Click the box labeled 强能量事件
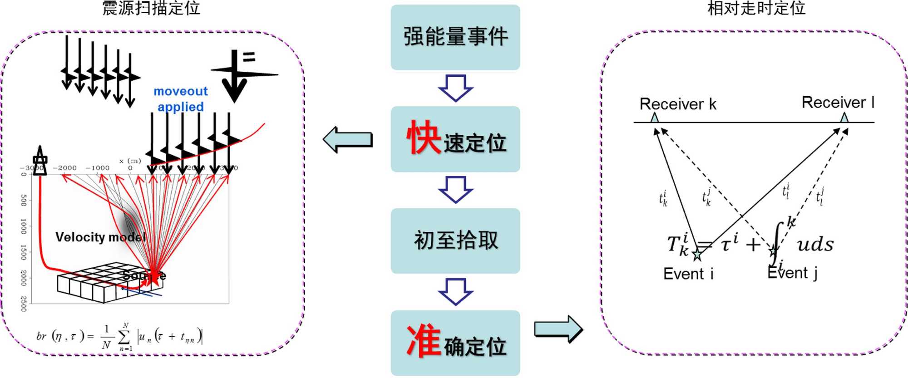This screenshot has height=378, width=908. [x=455, y=37]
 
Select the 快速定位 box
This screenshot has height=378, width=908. [x=455, y=139]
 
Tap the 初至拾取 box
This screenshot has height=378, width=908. [x=455, y=241]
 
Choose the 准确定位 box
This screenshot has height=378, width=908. [x=455, y=343]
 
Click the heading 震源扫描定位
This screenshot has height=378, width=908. [x=151, y=8]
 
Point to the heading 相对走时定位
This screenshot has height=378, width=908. [x=756, y=8]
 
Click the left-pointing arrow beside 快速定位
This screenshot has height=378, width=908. [x=348, y=140]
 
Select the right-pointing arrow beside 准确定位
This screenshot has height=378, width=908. [x=558, y=329]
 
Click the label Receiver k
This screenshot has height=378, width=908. [x=677, y=104]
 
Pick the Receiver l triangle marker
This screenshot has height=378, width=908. [x=844, y=118]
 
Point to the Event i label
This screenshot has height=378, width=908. [x=688, y=274]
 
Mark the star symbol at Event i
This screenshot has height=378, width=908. [x=697, y=255]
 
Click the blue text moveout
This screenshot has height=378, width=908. [x=180, y=91]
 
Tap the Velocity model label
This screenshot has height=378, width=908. [x=100, y=237]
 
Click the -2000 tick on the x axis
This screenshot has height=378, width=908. [x=65, y=168]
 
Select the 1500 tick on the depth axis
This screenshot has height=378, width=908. [x=24, y=252]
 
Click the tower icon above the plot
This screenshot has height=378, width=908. [x=40, y=159]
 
